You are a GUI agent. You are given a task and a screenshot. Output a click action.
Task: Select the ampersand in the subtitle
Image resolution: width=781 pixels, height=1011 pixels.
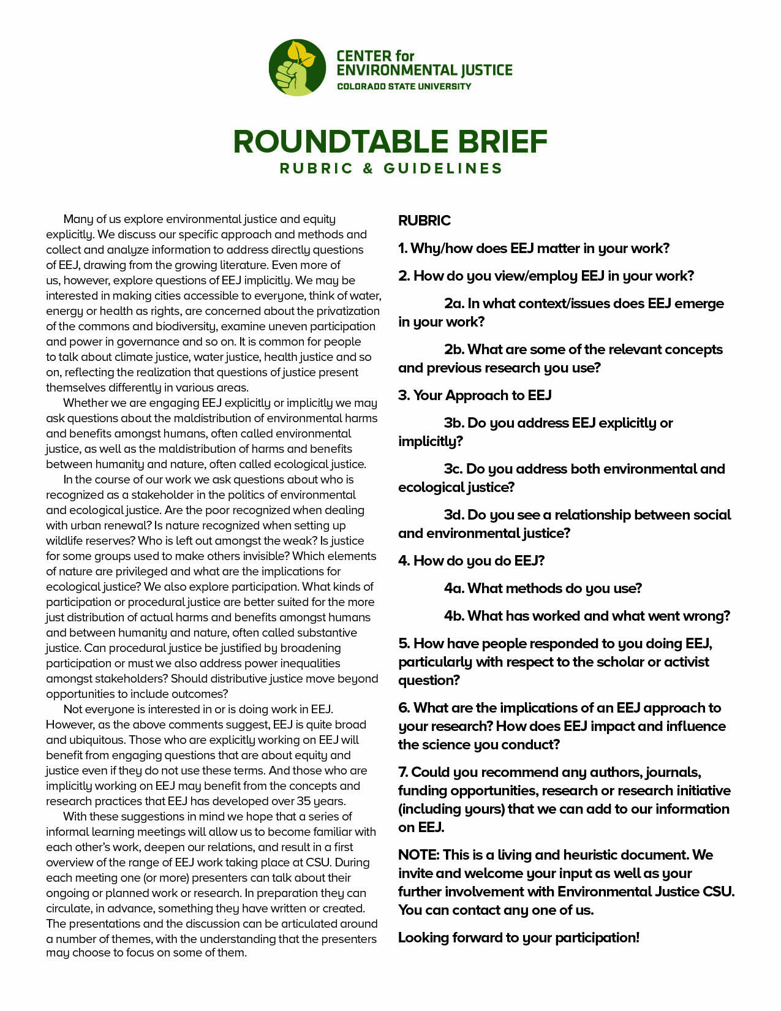pos(368,168)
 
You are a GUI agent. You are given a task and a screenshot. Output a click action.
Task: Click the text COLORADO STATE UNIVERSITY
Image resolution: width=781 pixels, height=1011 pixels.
pos(404,86)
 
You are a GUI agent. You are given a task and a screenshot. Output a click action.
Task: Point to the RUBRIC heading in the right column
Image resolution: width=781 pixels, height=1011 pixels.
pos(424,221)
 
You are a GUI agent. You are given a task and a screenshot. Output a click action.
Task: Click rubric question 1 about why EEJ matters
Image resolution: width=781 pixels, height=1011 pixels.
pos(534,248)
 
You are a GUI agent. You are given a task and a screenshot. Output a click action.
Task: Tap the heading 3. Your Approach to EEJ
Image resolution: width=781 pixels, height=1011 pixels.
pos(475,395)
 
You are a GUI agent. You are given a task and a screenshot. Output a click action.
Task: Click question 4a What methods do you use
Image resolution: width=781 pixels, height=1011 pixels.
pos(543,588)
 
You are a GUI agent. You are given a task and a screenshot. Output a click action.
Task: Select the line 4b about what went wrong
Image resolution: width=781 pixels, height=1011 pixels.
pos(587,616)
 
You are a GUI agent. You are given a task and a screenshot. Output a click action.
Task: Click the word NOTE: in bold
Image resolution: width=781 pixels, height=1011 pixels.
pos(418,855)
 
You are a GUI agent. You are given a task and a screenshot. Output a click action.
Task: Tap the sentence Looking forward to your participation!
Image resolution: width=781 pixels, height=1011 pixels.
pos(518,937)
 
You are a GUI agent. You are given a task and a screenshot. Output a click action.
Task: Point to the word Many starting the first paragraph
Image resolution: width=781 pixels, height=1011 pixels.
pos(78,219)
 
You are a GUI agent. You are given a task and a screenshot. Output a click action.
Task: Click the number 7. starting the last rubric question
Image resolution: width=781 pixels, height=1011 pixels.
pos(403,772)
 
